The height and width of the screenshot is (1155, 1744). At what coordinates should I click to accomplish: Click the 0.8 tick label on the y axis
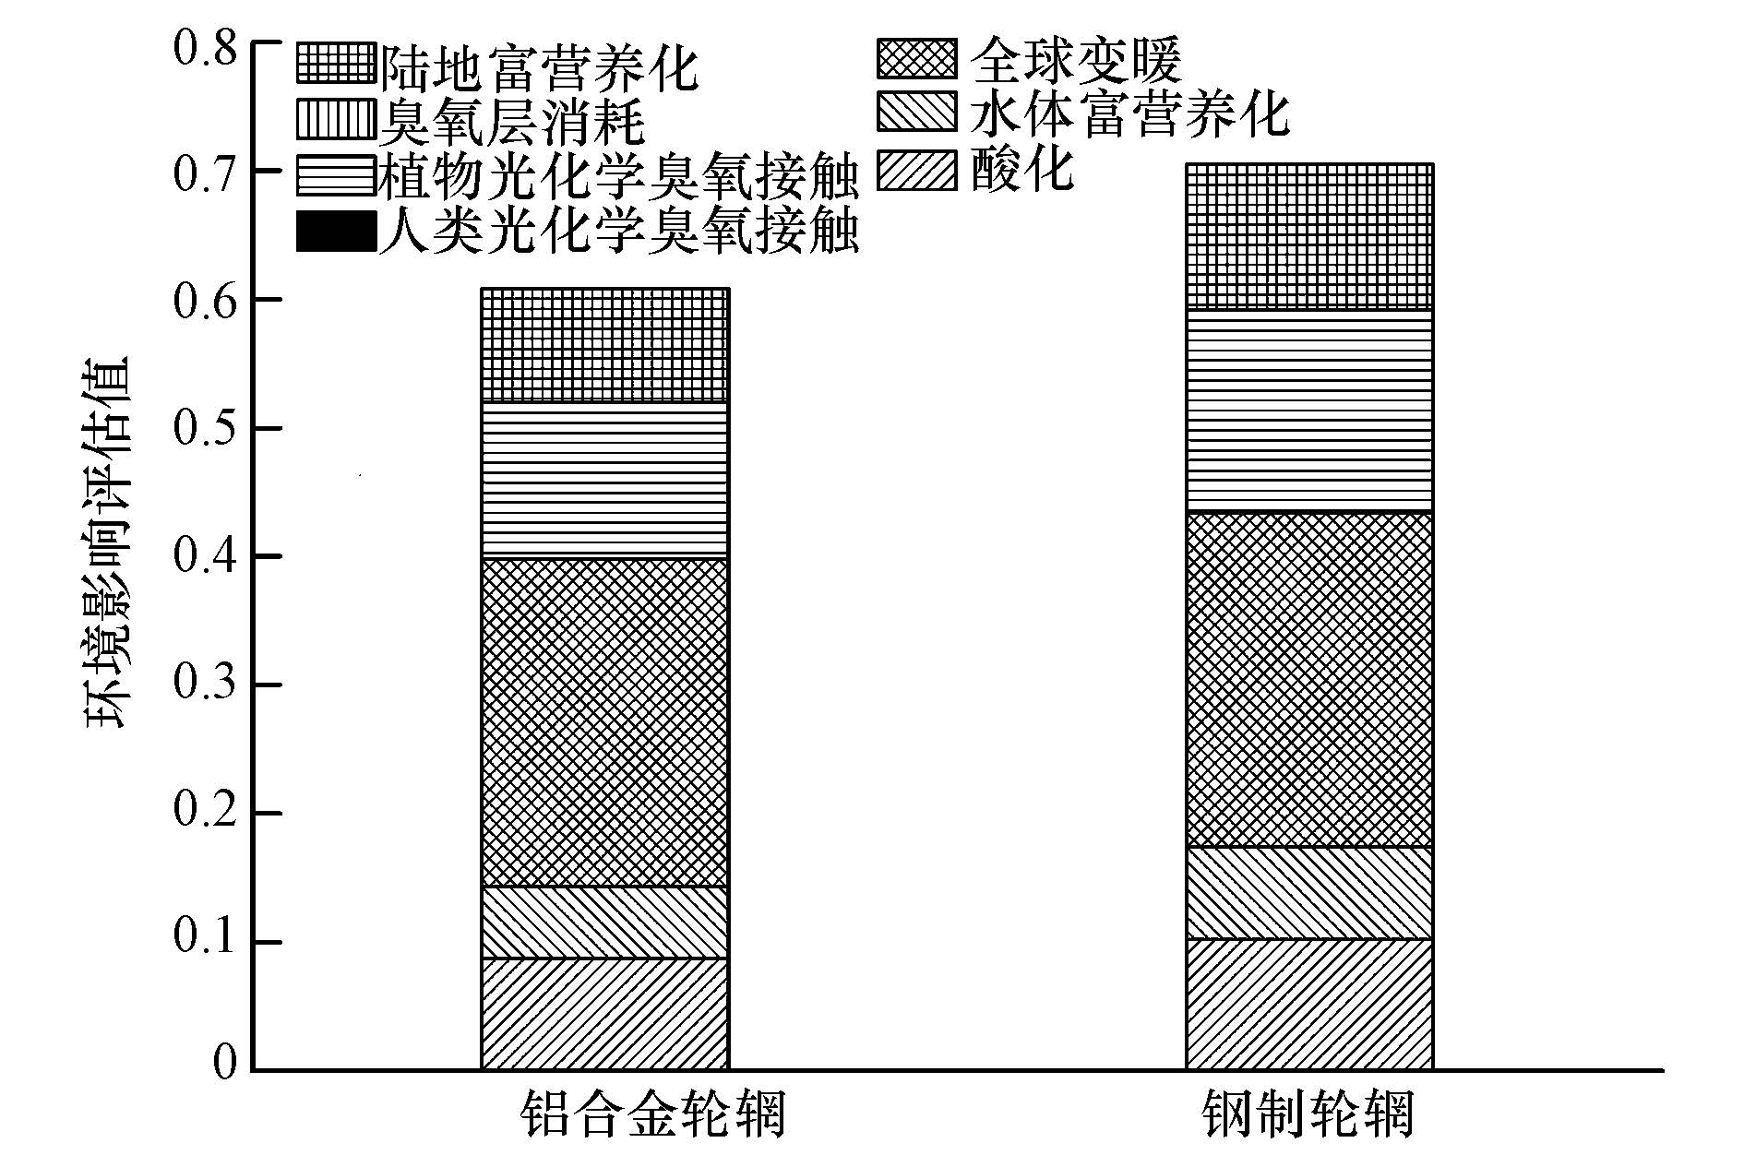[205, 44]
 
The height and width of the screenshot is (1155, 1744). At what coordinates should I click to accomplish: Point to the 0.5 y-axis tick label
[205, 429]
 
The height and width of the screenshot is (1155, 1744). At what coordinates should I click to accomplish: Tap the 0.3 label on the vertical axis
[205, 685]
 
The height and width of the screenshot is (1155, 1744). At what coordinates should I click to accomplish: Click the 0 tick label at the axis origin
[224, 1063]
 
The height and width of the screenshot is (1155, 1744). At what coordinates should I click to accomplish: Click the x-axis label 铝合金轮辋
[652, 1114]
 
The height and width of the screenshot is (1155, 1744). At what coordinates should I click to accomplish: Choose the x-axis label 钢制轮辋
[1308, 1114]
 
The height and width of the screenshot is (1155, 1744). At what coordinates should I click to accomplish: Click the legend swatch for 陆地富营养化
[337, 64]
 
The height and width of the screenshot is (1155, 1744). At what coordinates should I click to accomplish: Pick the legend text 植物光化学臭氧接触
[619, 175]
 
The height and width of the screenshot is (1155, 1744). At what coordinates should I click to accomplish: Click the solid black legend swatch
[337, 231]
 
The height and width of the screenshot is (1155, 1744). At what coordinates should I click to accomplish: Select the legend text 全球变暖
[1076, 60]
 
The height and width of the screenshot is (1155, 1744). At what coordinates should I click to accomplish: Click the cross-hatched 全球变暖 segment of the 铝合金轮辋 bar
[604, 722]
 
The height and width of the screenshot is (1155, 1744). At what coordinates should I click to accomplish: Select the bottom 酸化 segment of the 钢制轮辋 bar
[1308, 1005]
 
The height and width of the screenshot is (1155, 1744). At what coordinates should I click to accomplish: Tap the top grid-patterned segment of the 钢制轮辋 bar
[1308, 236]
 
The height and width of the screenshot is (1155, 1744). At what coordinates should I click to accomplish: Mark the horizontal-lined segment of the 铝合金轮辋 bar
[604, 480]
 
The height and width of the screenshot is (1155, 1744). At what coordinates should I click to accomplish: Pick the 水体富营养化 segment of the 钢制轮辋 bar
[1308, 893]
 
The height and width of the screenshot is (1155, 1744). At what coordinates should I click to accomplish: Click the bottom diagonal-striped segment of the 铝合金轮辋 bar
[604, 1014]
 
